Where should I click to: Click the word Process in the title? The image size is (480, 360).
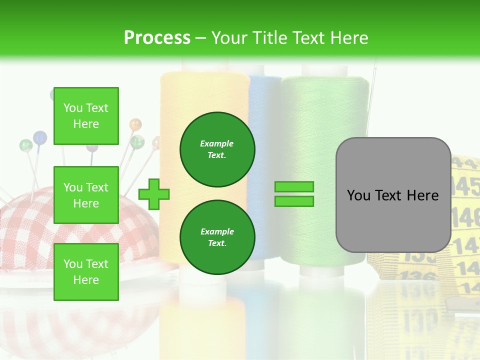[x=157, y=38]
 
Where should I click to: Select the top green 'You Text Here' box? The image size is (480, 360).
[x=86, y=116]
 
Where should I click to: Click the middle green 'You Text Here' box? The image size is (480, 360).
[x=86, y=195]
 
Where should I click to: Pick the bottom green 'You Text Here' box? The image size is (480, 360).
[x=86, y=271]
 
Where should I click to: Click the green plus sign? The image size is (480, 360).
[x=154, y=193]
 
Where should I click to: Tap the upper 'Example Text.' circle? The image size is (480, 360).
[x=217, y=149]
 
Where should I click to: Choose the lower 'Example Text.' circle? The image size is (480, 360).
[x=217, y=237]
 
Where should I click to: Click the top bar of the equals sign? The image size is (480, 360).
[x=294, y=187]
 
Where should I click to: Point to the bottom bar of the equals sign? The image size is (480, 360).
[x=294, y=201]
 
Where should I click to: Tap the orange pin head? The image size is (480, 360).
[x=135, y=123]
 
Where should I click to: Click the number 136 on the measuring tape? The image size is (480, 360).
[x=412, y=275]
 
